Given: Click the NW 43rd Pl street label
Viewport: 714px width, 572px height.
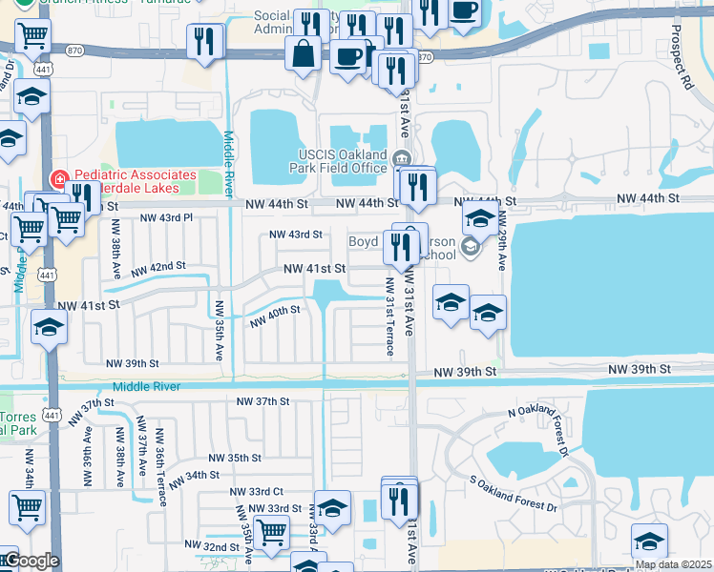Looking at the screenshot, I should coord(166,218).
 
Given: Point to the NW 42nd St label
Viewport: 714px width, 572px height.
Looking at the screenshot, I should coord(158,267).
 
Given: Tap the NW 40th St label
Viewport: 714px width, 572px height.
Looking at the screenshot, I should coord(275,317).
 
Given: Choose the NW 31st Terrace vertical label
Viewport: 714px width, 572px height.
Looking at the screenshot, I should coord(389,317).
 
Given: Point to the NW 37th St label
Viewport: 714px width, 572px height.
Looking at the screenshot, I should coord(262,401).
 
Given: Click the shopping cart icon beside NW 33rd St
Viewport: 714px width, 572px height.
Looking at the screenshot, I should coord(272,531).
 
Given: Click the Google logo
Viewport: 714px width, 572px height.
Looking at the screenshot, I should coord(31,561).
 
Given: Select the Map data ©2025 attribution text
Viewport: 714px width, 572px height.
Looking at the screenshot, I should coord(673,564).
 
